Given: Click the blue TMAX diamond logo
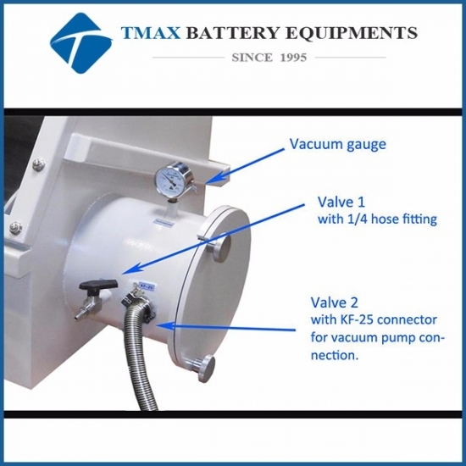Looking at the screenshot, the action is [x=80, y=43].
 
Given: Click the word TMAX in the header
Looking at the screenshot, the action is [x=151, y=33].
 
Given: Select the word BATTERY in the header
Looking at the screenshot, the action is [x=233, y=33].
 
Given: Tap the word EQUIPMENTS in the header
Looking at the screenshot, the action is [x=352, y=33].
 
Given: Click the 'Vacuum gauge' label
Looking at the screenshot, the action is [x=338, y=145].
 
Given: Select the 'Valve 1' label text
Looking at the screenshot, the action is [x=341, y=202].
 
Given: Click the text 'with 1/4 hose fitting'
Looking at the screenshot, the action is [x=377, y=219].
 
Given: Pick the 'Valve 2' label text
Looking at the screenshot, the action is [x=335, y=302].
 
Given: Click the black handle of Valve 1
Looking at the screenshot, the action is [x=98, y=286].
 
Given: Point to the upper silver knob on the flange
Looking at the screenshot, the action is [x=222, y=249].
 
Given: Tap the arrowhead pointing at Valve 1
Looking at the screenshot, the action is [x=131, y=268].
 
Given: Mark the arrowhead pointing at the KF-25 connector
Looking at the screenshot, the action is [x=166, y=326].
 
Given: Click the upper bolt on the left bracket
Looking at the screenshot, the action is [x=39, y=164].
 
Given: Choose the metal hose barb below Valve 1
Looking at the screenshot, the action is [x=80, y=314].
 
